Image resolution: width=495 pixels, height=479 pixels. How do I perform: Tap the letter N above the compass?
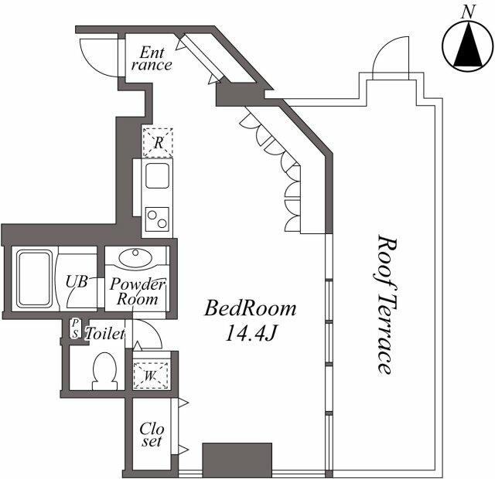coord(466,11)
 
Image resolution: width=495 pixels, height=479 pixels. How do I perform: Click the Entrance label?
coord(151,59)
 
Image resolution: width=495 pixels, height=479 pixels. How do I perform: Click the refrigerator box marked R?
coord(158,142)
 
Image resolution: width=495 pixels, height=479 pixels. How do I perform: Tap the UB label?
coord(76,281)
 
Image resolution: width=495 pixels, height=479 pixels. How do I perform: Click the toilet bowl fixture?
coord(104,372)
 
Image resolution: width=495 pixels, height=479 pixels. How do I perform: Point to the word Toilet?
coord(104,334)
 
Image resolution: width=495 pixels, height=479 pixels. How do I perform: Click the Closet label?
coord(152,435)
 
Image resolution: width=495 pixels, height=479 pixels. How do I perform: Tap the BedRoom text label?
coord(250,309)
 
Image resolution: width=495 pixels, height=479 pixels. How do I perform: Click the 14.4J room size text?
coord(250,335)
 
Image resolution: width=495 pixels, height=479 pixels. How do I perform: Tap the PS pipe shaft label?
coord(75,329)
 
